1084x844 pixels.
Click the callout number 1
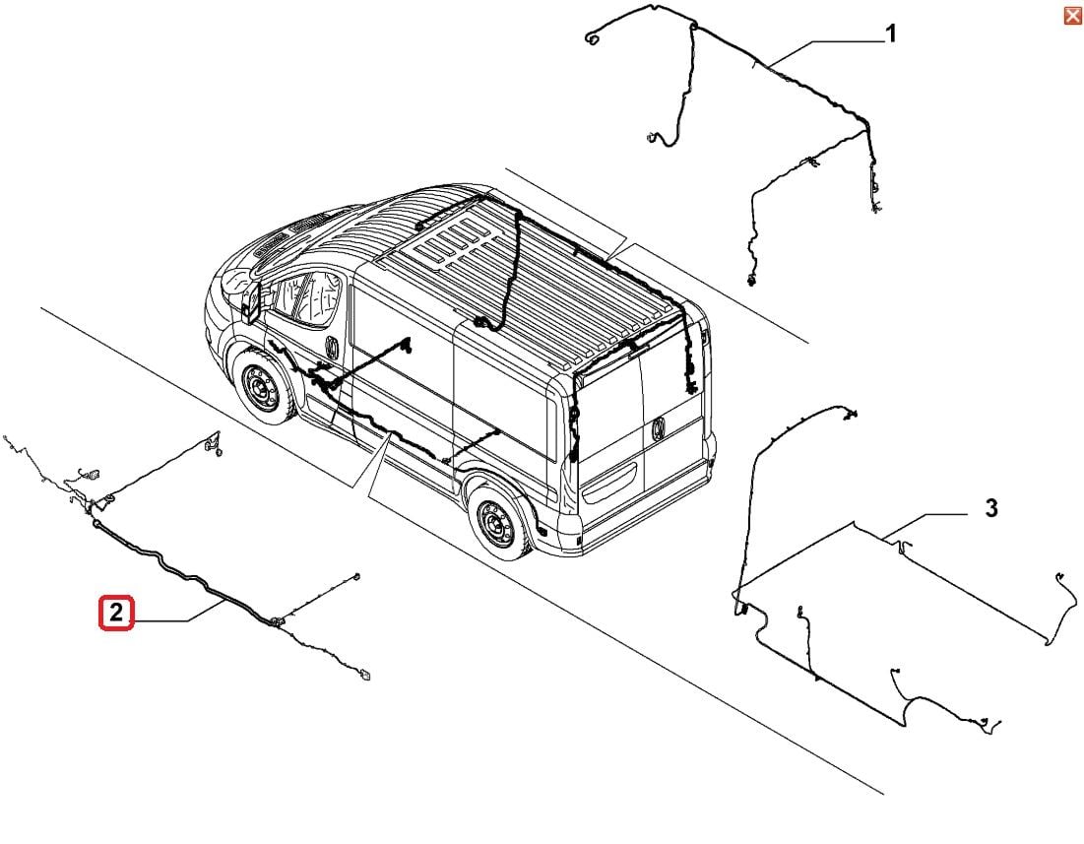(x=890, y=35)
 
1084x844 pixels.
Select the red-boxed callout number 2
(x=116, y=614)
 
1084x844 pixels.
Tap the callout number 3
(x=991, y=508)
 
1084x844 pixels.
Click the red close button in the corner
(x=1072, y=15)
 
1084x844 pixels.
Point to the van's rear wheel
(x=495, y=522)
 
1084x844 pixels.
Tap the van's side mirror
(x=248, y=300)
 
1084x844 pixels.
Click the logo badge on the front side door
(x=332, y=348)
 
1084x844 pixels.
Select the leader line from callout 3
(x=925, y=516)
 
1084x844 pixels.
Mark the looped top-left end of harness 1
(x=592, y=39)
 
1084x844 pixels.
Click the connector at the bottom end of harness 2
(x=366, y=675)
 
